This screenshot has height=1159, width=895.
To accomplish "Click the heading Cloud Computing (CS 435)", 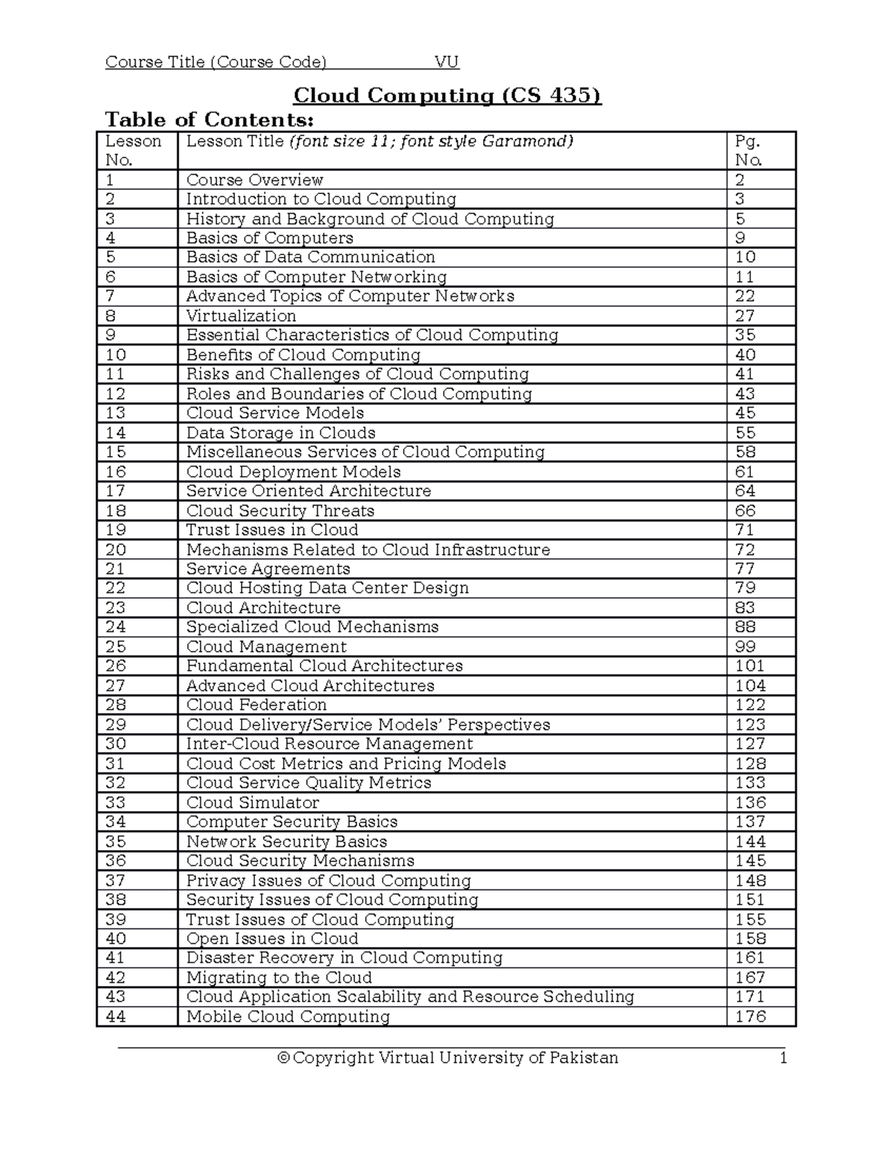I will [447, 96].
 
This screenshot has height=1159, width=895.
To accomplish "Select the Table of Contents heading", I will [210, 119].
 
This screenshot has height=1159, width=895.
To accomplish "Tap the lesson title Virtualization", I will [241, 316].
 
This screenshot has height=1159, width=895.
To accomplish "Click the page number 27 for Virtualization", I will [744, 316].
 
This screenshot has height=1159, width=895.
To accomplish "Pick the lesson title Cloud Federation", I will [256, 705].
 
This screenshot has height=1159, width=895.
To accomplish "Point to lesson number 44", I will [116, 1016].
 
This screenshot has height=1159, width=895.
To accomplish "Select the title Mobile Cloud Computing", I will [288, 1016].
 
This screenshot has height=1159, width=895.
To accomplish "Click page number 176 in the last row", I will [750, 1016].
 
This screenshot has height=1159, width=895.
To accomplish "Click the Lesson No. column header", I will [133, 151].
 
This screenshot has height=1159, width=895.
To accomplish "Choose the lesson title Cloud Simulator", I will [252, 803].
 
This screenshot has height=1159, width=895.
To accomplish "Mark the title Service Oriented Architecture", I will [308, 491].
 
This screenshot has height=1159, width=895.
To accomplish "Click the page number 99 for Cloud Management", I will [745, 647].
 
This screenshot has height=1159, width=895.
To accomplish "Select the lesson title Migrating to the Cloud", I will [278, 978].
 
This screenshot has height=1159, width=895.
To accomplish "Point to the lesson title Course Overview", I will [254, 180].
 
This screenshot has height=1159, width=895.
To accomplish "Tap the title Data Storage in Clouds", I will [280, 433].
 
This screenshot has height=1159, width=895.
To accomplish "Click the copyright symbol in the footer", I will [283, 1058].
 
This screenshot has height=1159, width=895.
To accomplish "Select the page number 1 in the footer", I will [783, 1058].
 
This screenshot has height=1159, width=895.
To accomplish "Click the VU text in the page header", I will [447, 62].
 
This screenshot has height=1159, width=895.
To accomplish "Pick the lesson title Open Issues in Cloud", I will [271, 939].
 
